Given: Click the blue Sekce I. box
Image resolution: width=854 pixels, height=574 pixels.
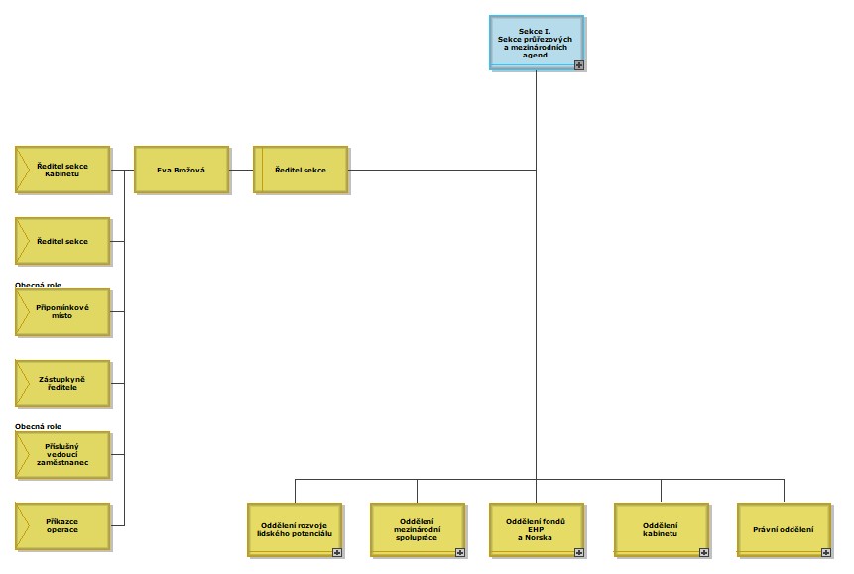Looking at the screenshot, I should tap(536, 42).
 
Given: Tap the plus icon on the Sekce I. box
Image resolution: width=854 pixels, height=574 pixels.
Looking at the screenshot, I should tap(579, 64).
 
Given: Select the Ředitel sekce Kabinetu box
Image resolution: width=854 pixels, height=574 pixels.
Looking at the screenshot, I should tap(62, 170).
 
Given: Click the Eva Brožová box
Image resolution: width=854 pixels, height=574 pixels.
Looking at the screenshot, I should tap(181, 170).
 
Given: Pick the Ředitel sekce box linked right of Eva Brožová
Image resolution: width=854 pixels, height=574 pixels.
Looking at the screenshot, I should tap(301, 170).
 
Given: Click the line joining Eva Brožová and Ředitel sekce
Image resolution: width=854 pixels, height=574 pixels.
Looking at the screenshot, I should tap(241, 170).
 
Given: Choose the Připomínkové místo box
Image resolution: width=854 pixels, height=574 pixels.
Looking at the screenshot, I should tap(62, 312).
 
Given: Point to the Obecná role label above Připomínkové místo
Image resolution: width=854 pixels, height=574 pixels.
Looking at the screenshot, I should tap(39, 285).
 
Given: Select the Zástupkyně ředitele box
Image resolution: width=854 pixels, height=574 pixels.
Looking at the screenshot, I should tap(62, 383).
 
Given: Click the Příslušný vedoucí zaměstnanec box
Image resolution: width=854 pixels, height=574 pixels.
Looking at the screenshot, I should tap(62, 453).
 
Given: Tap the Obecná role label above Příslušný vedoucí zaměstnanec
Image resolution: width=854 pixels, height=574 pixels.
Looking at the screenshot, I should tap(39, 426).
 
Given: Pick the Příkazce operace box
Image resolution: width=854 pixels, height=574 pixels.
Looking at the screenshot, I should tap(62, 525).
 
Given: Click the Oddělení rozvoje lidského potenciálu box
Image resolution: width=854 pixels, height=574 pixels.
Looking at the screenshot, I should tap(295, 529).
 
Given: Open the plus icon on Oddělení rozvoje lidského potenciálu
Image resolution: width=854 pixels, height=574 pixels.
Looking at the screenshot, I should tap(337, 552).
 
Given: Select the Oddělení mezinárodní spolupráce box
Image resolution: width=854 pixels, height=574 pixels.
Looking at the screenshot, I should tap(417, 529).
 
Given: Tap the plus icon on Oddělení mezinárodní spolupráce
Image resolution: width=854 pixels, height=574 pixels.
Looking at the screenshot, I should tap(460, 552).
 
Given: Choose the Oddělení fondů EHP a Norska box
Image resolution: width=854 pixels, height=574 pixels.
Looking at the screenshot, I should tap(536, 529).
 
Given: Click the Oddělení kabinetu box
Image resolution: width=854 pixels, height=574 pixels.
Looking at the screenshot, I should tap(661, 529).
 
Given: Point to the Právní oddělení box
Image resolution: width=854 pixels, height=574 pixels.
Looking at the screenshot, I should tap(783, 529).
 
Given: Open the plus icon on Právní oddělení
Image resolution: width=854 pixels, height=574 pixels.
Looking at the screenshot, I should tap(826, 552).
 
